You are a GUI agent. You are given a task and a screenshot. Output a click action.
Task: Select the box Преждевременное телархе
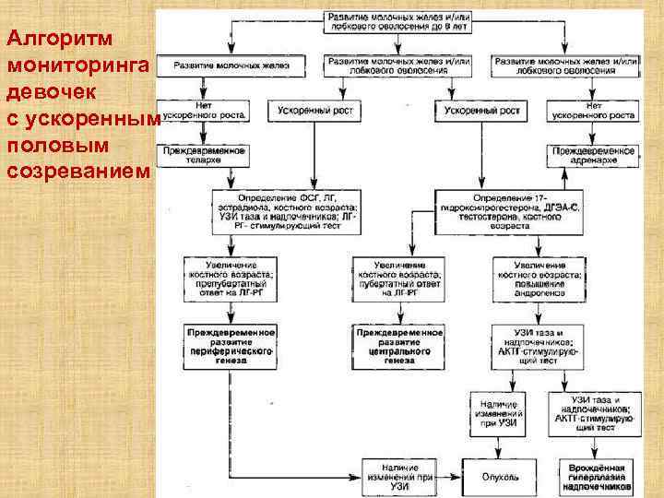200,153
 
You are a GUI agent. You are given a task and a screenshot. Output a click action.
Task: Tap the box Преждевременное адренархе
594,153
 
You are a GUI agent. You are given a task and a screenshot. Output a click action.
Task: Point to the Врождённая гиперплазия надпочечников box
595,477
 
